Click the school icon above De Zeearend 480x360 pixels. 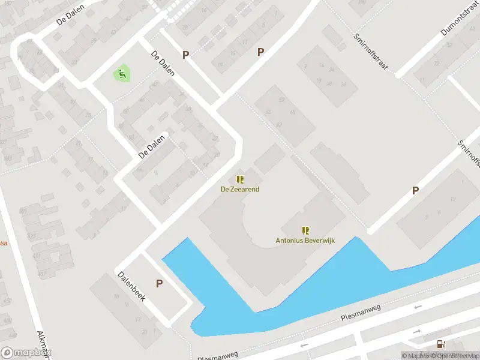click(x=240, y=179)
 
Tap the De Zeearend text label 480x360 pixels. click(x=240, y=189)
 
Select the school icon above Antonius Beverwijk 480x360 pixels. click(x=305, y=230)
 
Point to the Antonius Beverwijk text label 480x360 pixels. click(x=305, y=241)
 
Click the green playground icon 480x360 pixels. click(x=122, y=74)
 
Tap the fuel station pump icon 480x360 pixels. click(x=442, y=344)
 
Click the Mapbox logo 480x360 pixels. click(x=26, y=353)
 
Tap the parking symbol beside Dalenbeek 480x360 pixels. click(x=159, y=283)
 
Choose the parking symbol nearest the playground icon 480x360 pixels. click(x=186, y=55)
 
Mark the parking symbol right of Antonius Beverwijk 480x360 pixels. click(x=415, y=191)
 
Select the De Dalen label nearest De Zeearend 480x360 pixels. click(x=151, y=146)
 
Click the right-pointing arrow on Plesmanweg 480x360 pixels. click(x=418, y=308)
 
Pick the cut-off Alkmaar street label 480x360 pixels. click(x=43, y=343)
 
